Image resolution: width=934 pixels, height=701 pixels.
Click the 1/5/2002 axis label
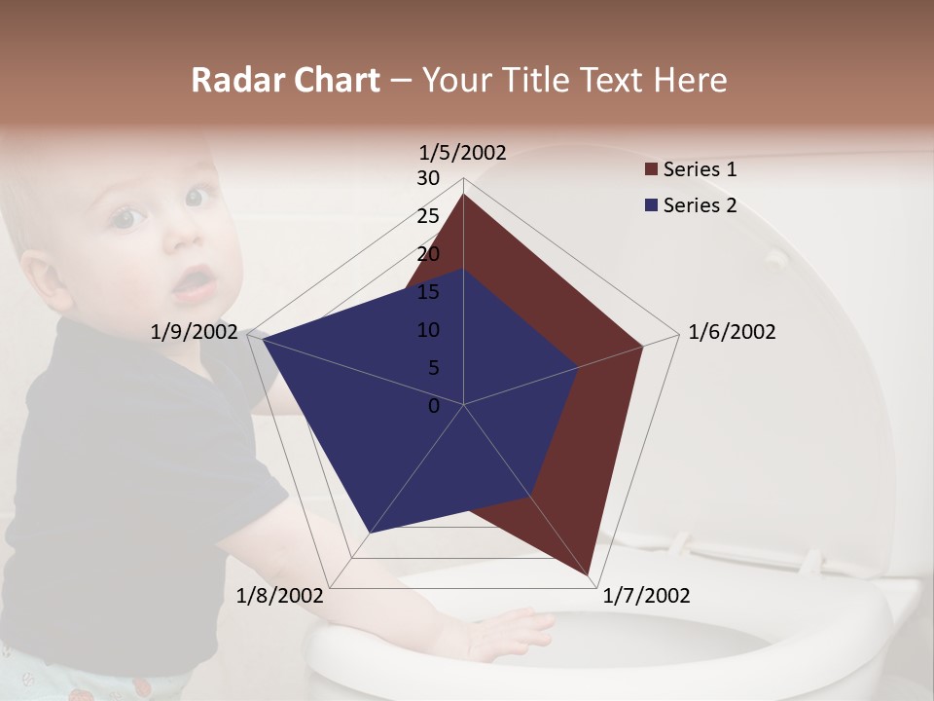pos(462,152)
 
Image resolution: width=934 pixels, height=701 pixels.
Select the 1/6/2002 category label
pos(732,332)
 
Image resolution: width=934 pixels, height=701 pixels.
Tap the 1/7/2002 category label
pos(646,596)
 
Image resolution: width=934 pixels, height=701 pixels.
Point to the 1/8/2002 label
pos(280,596)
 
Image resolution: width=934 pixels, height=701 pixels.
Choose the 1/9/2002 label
pos(195,332)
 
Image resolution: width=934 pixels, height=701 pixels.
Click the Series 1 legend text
pos(700,169)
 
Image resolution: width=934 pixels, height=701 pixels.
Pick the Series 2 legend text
pos(700,205)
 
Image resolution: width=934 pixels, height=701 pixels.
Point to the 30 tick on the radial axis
pos(428,178)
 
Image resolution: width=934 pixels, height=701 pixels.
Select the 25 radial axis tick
pos(428,216)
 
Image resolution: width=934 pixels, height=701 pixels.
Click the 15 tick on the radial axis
pos(428,292)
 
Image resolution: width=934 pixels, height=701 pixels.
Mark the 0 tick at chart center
pos(434,406)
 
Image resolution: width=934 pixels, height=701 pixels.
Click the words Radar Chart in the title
pos(285,81)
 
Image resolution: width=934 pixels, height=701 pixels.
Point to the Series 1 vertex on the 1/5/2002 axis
pos(463,195)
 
